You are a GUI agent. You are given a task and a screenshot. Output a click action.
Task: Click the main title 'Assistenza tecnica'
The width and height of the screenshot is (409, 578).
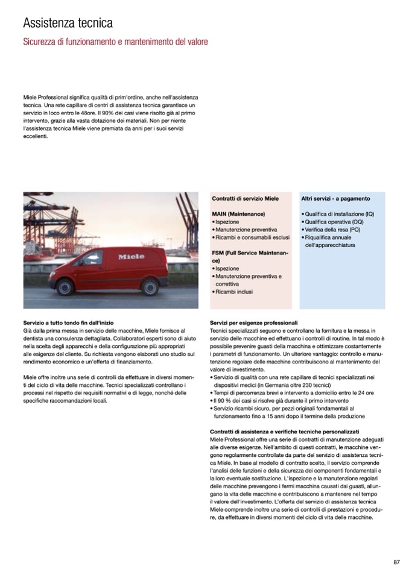click(68, 24)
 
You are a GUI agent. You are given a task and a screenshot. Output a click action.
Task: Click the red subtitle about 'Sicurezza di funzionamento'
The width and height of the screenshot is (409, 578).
click(115, 42)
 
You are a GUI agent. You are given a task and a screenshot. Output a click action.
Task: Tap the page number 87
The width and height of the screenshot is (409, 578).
click(396, 562)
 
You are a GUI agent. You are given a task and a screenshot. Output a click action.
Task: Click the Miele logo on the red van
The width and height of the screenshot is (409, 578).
click(131, 257)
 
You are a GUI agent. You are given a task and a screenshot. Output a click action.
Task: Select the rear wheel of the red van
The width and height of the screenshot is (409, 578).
click(149, 287)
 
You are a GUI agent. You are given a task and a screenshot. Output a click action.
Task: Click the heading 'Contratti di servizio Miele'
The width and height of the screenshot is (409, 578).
click(246, 198)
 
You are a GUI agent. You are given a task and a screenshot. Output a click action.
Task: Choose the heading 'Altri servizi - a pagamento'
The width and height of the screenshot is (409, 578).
click(335, 198)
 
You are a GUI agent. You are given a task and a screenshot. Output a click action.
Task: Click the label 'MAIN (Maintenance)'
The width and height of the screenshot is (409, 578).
click(238, 214)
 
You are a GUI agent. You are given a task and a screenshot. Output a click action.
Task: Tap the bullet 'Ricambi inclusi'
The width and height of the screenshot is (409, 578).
click(234, 292)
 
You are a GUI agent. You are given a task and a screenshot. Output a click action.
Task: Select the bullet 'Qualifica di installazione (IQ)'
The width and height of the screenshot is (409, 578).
click(339, 214)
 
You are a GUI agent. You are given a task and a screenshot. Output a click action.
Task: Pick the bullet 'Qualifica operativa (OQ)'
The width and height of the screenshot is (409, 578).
click(334, 222)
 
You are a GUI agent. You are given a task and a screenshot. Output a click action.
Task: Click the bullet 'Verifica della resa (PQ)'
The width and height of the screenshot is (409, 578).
click(332, 230)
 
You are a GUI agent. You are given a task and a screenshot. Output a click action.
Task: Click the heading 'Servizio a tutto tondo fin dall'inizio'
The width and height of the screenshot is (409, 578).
click(68, 324)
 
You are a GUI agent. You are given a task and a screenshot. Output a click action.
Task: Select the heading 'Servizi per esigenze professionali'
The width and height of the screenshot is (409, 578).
click(254, 324)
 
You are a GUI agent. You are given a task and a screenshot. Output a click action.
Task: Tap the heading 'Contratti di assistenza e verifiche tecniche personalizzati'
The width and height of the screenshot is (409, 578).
click(284, 432)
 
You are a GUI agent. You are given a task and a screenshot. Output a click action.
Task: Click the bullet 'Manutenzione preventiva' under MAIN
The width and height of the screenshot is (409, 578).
click(246, 230)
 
